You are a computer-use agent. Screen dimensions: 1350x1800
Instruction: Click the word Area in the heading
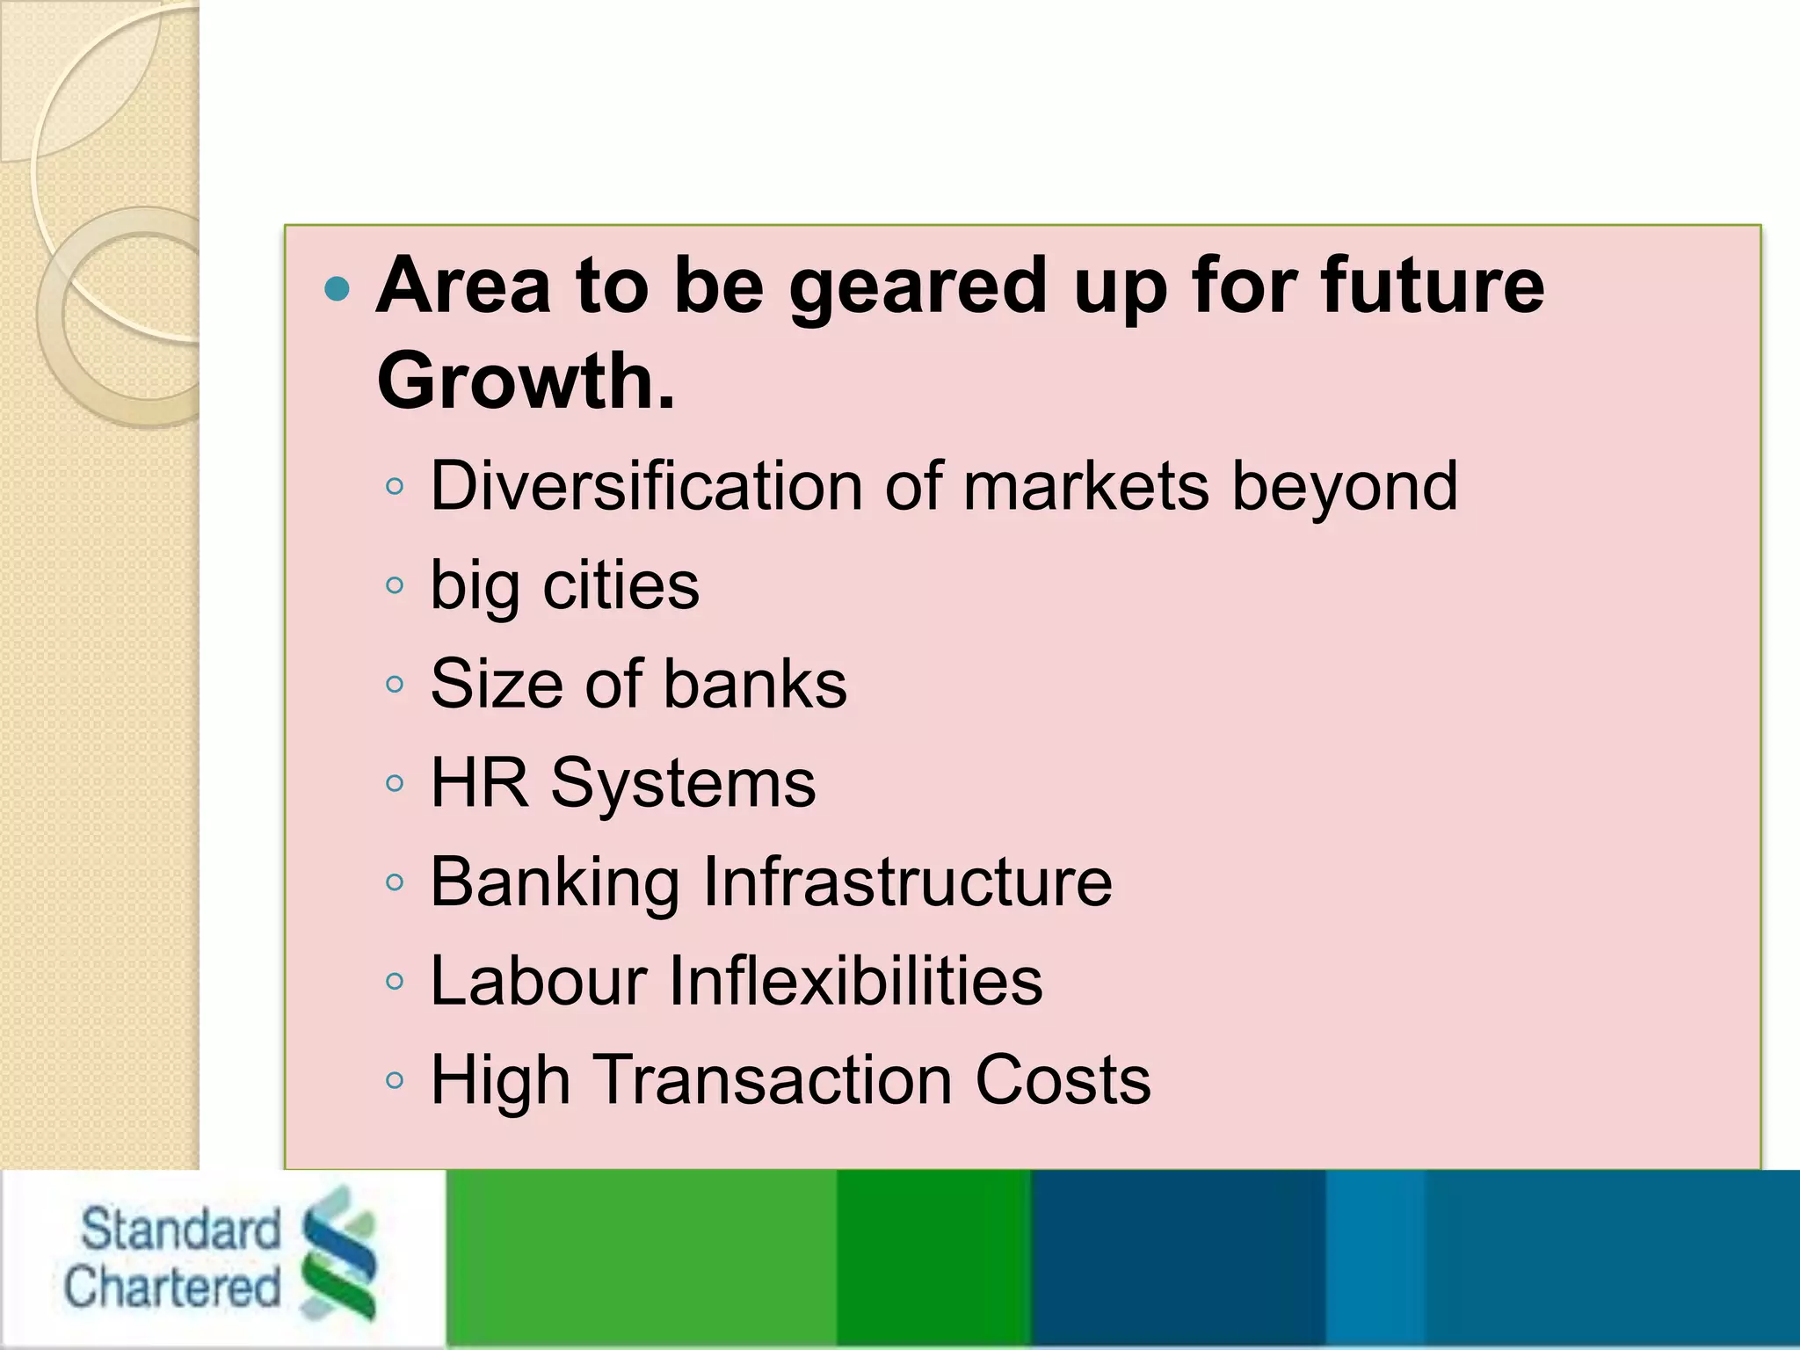pyautogui.click(x=463, y=286)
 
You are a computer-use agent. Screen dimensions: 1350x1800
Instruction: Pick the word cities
pyautogui.click(x=621, y=585)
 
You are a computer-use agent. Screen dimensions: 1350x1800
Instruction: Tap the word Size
pyautogui.click(x=497, y=685)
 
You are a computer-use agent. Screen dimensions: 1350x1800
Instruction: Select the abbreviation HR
pyautogui.click(x=480, y=783)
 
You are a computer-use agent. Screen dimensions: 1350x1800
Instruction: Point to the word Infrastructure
pyautogui.click(x=907, y=882)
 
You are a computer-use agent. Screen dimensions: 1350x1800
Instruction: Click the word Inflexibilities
pyautogui.click(x=855, y=981)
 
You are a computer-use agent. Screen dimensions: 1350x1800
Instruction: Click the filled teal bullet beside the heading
pyautogui.click(x=337, y=288)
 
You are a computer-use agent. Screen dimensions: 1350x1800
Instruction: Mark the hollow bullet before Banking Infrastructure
pyautogui.click(x=395, y=882)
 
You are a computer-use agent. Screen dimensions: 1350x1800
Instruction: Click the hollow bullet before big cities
pyautogui.click(x=395, y=585)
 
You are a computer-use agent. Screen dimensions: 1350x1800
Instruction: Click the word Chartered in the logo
pyautogui.click(x=172, y=1288)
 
